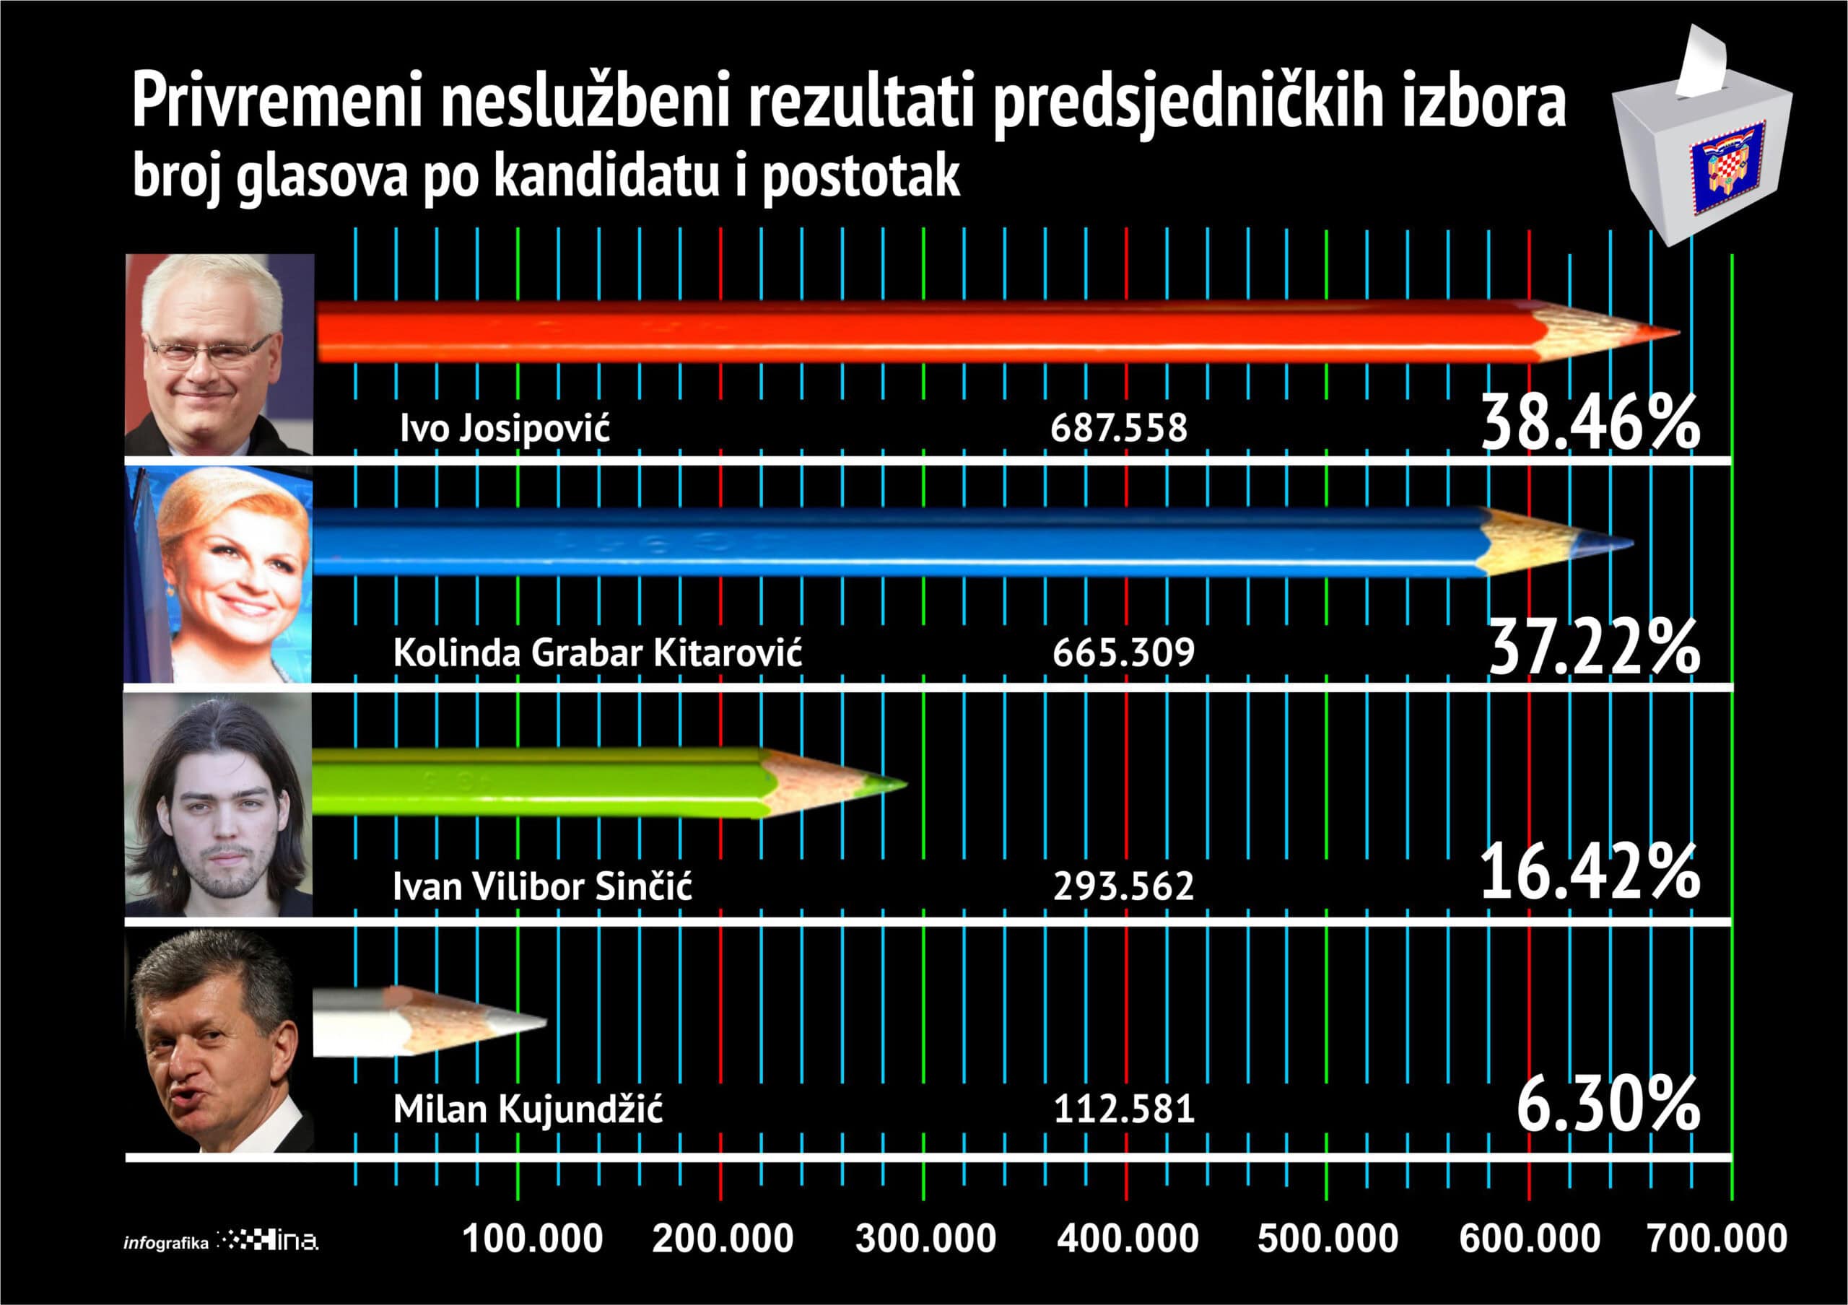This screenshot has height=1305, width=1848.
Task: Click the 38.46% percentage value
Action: click(x=1590, y=423)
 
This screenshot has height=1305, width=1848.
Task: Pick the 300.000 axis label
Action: click(x=925, y=1238)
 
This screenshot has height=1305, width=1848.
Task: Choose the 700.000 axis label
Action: click(x=1717, y=1238)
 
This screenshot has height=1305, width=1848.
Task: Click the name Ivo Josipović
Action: click(x=505, y=428)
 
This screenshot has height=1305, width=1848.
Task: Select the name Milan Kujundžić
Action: click(x=528, y=1109)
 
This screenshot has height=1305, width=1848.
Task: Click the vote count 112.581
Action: click(x=1124, y=1109)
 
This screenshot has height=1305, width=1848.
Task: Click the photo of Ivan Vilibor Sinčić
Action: click(x=218, y=806)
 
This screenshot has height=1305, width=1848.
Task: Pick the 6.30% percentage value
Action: click(x=1608, y=1107)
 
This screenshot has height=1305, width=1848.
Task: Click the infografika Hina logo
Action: click(x=222, y=1241)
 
